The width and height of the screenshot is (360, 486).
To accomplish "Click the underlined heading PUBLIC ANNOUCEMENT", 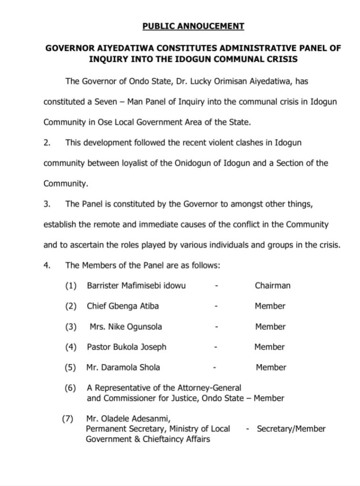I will coord(193,26).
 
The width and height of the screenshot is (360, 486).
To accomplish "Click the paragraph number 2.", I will coord(46,142).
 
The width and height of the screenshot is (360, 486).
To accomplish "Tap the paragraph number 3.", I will coord(46,204).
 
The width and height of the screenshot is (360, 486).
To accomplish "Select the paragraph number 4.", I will coord(46,265).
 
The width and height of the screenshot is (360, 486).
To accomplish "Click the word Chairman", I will coord(272,286).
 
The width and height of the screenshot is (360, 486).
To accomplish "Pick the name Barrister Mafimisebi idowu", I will coord(136,286).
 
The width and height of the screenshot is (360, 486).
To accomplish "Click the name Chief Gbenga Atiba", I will coord(123,306).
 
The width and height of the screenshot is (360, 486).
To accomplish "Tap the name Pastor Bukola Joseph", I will coord(126,347).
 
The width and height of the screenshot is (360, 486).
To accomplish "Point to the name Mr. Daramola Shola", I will coord(123,367).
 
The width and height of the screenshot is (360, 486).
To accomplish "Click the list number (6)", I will coord(70,388).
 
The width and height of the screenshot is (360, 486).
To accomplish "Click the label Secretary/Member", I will coord(291,429).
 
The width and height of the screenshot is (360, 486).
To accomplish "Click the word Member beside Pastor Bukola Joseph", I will coord(269,347).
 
